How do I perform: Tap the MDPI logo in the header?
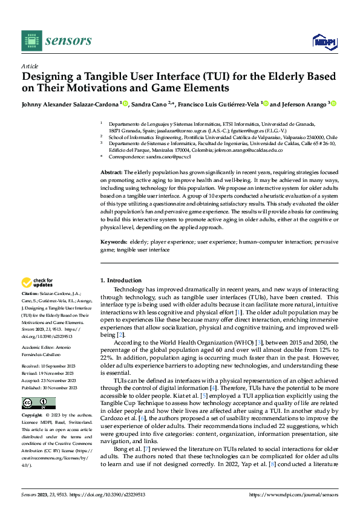pos(324,41)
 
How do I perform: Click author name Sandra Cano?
pos(150,104)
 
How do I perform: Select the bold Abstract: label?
pos(113,173)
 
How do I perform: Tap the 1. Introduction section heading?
pos(120,280)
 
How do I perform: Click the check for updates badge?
pos(38,282)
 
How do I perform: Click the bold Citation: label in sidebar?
pos(31,292)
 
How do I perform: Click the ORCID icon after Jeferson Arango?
pos(333,104)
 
